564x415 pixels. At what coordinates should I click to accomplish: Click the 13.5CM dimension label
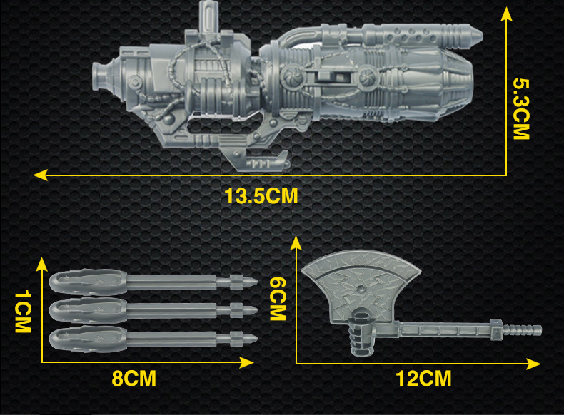(x=261, y=196)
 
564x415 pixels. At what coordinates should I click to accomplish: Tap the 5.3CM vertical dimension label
(x=521, y=109)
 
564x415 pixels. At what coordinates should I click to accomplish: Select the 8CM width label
(x=134, y=378)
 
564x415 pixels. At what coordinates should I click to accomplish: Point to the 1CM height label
(x=23, y=312)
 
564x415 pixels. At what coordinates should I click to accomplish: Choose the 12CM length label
(x=423, y=378)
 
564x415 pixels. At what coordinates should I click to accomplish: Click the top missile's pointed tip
(x=256, y=281)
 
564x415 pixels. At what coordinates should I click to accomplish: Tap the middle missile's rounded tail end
(x=53, y=310)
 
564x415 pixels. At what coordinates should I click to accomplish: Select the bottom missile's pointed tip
(x=256, y=339)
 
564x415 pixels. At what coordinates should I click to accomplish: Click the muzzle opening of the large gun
(x=96, y=76)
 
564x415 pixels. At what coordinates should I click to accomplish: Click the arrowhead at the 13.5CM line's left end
(x=39, y=175)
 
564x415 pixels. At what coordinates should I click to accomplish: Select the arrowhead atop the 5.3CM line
(x=506, y=14)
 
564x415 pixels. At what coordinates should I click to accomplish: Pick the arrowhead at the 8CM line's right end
(x=247, y=362)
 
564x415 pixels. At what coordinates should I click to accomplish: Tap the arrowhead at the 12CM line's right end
(x=533, y=364)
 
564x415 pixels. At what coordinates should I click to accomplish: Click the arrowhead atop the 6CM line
(x=296, y=243)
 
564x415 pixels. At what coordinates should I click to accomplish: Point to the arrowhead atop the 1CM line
(x=42, y=264)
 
